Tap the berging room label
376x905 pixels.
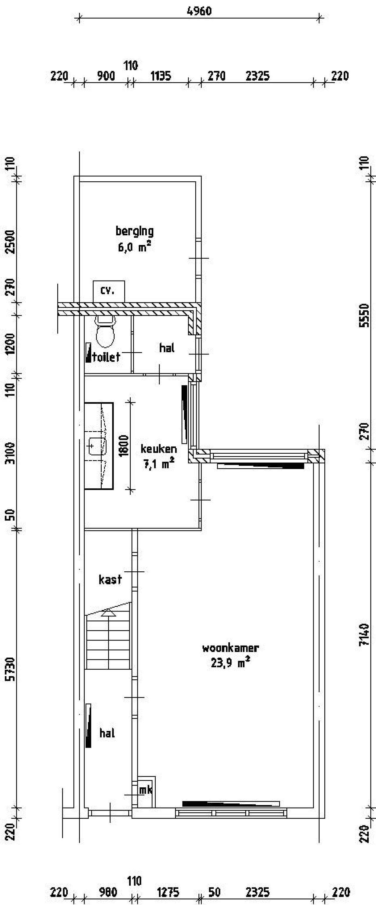coord(135,231)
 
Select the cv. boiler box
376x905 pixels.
coord(108,291)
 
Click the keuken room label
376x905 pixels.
coord(159,449)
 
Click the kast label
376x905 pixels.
coord(110,579)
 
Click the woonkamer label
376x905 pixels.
coord(230,648)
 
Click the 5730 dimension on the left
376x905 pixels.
coord(11,659)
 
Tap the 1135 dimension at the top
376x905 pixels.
coord(161,76)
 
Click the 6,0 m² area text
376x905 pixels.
coord(135,247)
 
